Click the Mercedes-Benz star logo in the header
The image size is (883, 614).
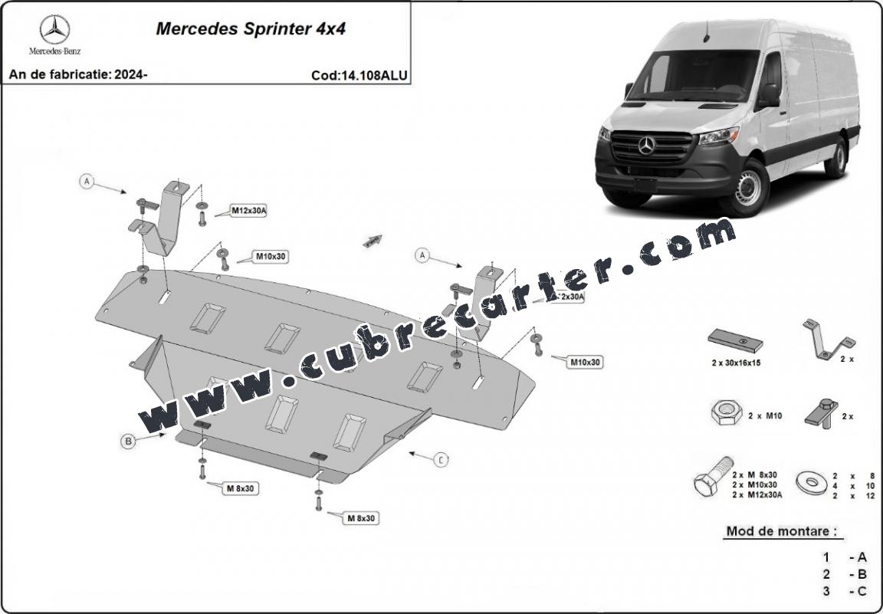pos(54,30)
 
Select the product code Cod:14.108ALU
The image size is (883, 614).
pos(359,75)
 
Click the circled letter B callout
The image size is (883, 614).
pos(129,440)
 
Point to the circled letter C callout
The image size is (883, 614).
pos(441,459)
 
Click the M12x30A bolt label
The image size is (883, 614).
pos(248,211)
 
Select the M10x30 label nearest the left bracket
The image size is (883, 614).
pos(271,256)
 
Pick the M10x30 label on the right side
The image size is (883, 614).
pos(584,362)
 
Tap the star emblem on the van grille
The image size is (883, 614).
pos(646,145)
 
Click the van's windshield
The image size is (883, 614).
pos(691,76)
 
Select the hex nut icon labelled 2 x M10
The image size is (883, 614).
pos(723,415)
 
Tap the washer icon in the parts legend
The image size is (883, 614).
pos(811,482)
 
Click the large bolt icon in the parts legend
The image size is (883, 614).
pos(710,480)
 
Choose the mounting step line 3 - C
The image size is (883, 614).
pos(845,590)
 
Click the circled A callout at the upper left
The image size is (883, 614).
pos(87,182)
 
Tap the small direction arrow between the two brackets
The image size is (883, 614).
pos(373,241)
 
